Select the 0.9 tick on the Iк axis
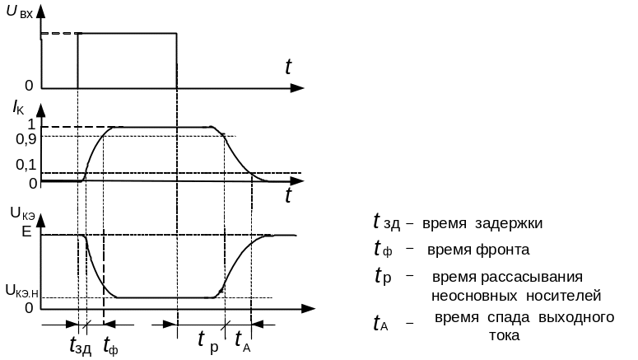(x=26, y=138)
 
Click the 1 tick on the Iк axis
(x=30, y=124)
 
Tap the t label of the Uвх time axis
(x=288, y=68)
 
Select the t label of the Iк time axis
(x=289, y=195)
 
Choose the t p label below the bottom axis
(x=208, y=339)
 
